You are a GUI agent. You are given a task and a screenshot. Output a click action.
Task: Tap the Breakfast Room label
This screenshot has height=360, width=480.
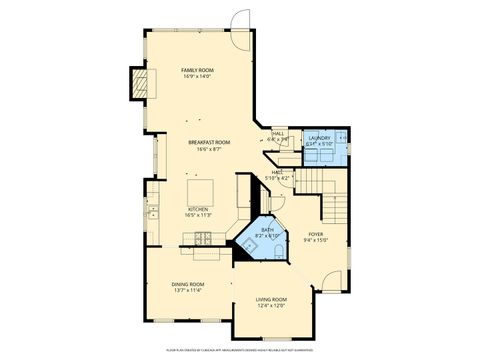click(209, 143)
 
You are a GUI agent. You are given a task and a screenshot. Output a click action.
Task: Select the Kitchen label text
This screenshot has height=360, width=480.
click(197, 209)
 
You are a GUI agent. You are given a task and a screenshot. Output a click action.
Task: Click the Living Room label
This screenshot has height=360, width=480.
click(271, 299)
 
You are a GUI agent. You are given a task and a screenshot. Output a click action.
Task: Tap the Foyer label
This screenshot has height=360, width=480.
click(315, 234)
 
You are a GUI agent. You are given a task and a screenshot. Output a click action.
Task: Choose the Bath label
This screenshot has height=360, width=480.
click(267, 230)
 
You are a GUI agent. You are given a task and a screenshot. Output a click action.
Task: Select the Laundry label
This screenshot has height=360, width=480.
click(319, 138)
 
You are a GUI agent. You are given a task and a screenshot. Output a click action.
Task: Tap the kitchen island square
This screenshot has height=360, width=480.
click(198, 191)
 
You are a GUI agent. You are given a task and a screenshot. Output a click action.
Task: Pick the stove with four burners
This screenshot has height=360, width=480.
click(203, 238)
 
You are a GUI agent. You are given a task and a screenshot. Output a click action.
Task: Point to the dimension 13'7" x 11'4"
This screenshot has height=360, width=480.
click(189, 291)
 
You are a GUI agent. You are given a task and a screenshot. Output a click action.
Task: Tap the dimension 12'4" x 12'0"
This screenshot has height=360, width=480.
click(271, 306)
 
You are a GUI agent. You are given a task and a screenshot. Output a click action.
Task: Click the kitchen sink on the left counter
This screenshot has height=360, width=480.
click(152, 211)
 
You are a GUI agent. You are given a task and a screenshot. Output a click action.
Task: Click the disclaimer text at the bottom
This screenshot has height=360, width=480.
click(240, 349)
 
